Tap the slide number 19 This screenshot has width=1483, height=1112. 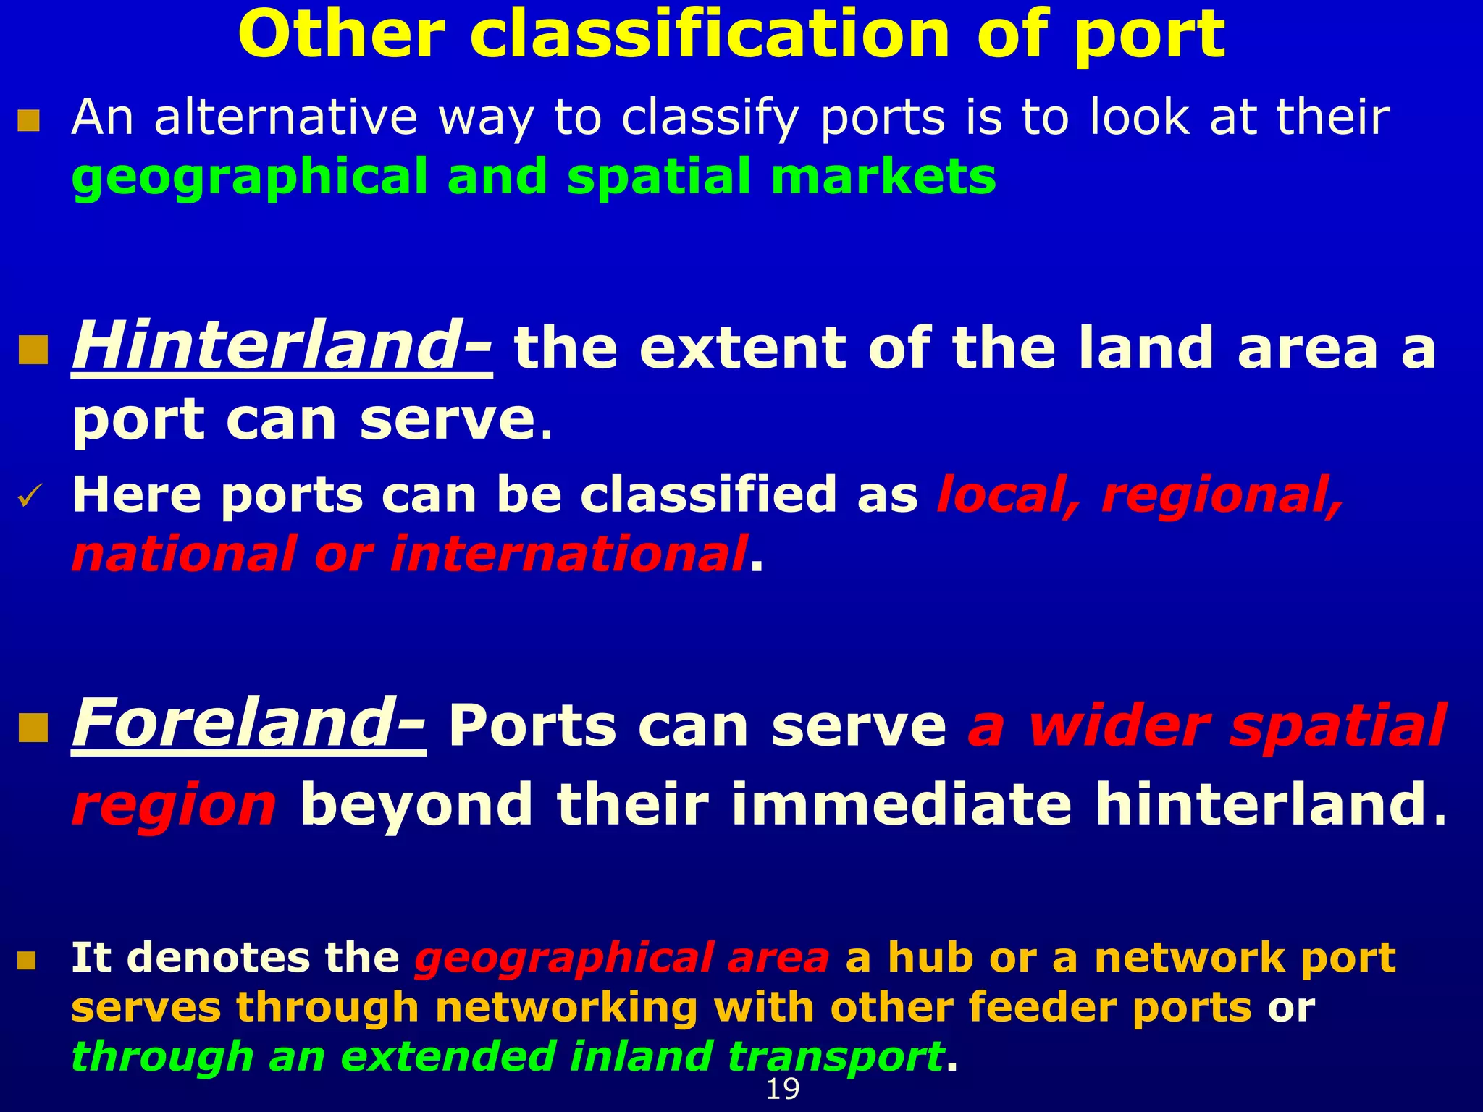782,1089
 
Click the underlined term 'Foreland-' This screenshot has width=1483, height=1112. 248,725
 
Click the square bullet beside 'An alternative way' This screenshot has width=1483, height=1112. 28,120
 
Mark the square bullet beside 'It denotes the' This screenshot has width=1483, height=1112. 27,961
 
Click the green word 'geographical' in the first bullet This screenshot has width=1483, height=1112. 250,178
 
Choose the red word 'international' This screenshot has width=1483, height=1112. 568,555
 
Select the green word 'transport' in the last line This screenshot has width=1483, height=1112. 836,1057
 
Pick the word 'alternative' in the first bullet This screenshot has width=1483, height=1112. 285,117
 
